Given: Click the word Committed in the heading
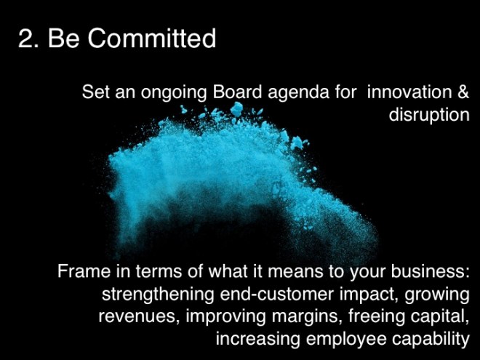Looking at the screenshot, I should (x=153, y=39).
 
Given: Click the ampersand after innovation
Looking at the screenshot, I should (x=462, y=93).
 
